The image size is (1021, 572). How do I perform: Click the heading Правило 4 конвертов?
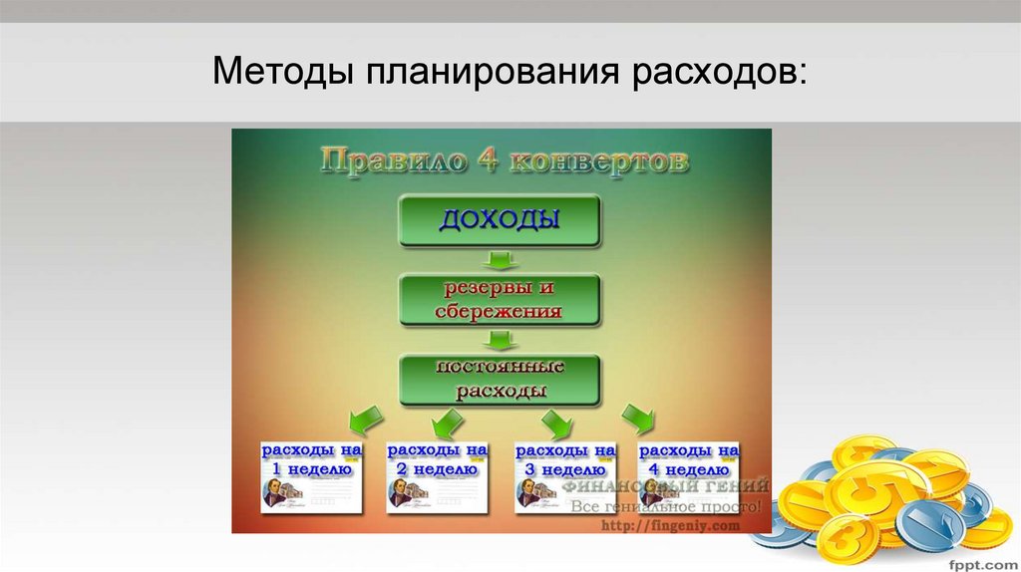click(503, 160)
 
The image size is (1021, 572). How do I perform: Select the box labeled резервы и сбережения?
click(500, 300)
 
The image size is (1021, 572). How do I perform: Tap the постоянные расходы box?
click(500, 379)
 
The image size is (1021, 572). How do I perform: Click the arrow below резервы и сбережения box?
click(499, 340)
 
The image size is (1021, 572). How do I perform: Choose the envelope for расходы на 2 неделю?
click(438, 476)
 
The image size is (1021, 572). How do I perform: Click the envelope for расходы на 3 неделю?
click(565, 476)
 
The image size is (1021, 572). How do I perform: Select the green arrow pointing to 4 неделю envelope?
click(637, 418)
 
